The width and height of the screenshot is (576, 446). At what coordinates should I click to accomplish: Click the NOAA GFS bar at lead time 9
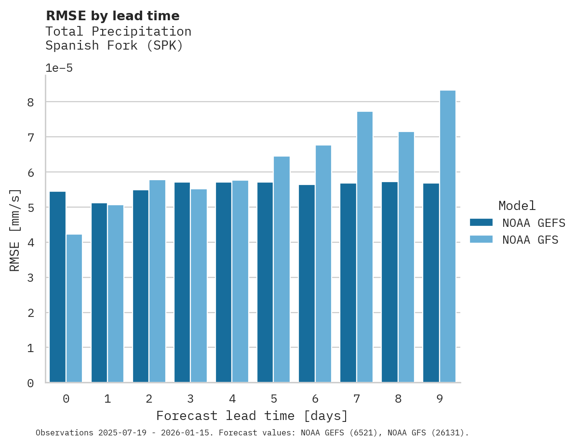tap(448, 236)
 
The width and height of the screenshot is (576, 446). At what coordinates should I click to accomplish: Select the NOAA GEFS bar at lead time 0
tap(58, 287)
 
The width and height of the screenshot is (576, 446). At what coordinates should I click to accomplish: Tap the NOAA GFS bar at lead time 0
tap(74, 308)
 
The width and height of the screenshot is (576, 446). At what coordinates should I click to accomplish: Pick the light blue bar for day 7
tap(365, 247)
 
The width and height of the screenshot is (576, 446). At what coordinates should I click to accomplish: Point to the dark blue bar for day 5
tap(265, 282)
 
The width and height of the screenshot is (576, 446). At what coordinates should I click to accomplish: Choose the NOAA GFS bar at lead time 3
tap(199, 286)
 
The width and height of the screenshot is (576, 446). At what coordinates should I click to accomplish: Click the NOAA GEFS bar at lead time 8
tap(389, 282)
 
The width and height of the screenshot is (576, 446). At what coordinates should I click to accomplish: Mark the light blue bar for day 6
tap(323, 264)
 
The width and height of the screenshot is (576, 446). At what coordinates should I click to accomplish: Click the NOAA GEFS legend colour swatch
tap(481, 223)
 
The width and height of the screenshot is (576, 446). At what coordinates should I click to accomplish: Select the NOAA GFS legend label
tap(530, 240)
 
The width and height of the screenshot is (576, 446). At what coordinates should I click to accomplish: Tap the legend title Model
tap(517, 206)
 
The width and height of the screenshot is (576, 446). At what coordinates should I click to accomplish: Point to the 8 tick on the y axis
tap(30, 102)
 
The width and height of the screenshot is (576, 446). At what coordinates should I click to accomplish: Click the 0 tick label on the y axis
tap(30, 383)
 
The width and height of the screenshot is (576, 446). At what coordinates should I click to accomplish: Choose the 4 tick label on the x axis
tap(232, 399)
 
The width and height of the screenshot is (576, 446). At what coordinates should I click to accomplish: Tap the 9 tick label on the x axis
tap(440, 399)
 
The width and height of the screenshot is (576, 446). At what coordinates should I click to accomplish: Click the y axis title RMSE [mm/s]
tap(15, 230)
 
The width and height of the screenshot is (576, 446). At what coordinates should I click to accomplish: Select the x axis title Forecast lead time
tap(252, 416)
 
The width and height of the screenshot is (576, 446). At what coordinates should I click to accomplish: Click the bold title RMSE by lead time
tap(112, 16)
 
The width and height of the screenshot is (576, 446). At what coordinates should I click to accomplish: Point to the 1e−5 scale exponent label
tap(59, 68)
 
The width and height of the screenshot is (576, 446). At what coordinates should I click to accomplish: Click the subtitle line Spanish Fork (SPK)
tap(114, 46)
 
